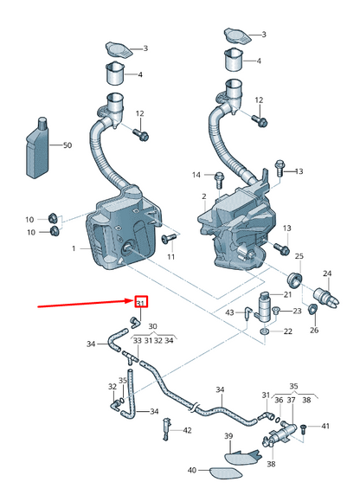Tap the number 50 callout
click(x=67, y=145)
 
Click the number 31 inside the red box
click(x=140, y=302)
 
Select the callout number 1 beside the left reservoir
click(x=74, y=248)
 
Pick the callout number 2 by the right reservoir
click(x=204, y=196)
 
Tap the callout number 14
click(x=196, y=175)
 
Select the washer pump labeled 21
click(x=265, y=306)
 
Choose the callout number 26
click(x=313, y=330)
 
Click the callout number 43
click(x=229, y=312)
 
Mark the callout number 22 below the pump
click(x=287, y=331)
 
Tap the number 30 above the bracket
click(x=152, y=326)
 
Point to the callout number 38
click(x=270, y=464)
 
